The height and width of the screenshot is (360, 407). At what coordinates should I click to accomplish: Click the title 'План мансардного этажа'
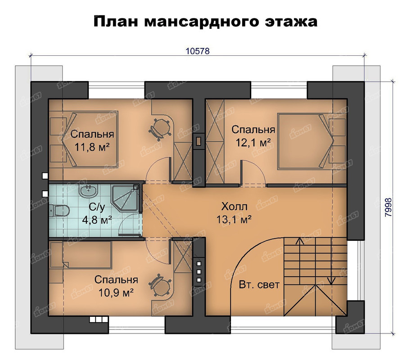(x=205, y=22)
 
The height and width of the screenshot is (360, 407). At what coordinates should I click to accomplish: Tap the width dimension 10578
(x=198, y=51)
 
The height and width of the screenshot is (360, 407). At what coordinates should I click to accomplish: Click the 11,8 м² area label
(x=92, y=147)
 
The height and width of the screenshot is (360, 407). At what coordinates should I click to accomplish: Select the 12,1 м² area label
(x=253, y=142)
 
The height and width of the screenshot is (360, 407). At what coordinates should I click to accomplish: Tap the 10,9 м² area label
(x=116, y=292)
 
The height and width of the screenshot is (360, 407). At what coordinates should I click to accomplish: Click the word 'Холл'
(x=234, y=207)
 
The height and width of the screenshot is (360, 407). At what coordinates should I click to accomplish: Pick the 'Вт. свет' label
(x=259, y=285)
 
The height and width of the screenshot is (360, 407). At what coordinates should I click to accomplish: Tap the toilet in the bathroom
(x=59, y=210)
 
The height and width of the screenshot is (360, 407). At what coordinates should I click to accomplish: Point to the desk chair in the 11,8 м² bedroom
(x=159, y=130)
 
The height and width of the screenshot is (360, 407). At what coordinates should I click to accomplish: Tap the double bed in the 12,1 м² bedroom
(x=305, y=140)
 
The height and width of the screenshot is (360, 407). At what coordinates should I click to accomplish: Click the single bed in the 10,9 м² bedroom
(x=81, y=255)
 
